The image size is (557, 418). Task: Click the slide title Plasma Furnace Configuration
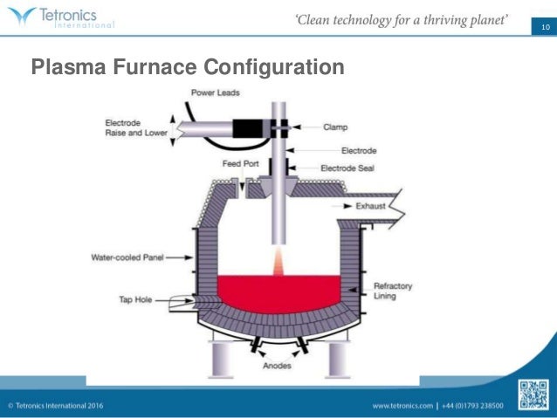(x=188, y=66)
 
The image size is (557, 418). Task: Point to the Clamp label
(x=334, y=127)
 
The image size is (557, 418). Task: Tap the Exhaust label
(x=371, y=206)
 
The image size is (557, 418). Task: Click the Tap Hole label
(x=137, y=298)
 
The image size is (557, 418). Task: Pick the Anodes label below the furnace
(x=277, y=366)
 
